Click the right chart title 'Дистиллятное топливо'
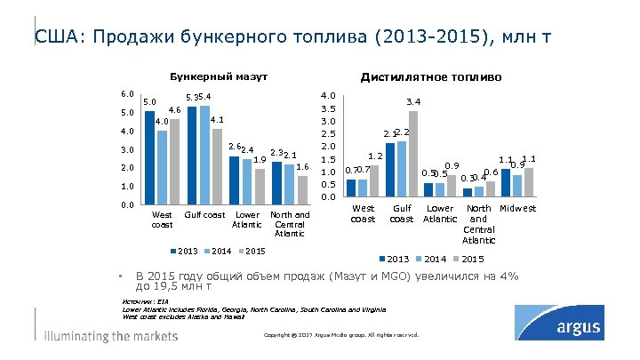pyautogui.click(x=430, y=77)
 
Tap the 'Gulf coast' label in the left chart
pyautogui.click(x=204, y=214)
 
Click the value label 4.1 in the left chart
pyautogui.click(x=217, y=120)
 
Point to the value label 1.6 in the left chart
pyautogui.click(x=302, y=167)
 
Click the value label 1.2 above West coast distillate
pyautogui.click(x=375, y=156)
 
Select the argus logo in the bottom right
pyautogui.click(x=570, y=329)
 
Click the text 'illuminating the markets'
pyautogui.click(x=111, y=336)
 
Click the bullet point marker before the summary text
pyautogui.click(x=121, y=276)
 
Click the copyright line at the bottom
pyautogui.click(x=341, y=334)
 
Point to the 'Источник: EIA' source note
pyautogui.click(x=146, y=301)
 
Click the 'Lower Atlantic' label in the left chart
pyautogui.click(x=248, y=220)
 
